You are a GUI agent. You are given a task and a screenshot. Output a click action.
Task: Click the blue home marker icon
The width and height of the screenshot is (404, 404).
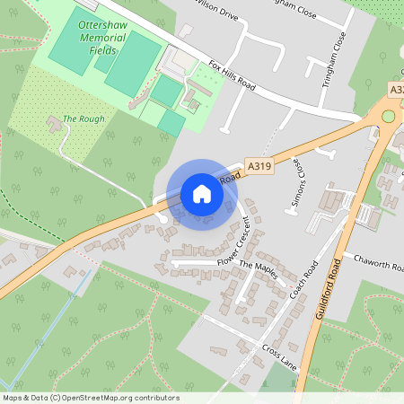coord(202,194)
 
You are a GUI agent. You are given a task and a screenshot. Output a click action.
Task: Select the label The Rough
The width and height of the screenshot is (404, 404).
coord(83,119)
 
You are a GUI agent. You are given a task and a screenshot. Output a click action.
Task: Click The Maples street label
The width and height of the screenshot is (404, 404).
coord(259,270)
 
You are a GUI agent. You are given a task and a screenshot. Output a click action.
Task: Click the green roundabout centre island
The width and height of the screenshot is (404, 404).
coord(389,116)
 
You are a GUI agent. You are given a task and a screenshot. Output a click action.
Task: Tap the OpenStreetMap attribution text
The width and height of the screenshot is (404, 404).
coord(90,398)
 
